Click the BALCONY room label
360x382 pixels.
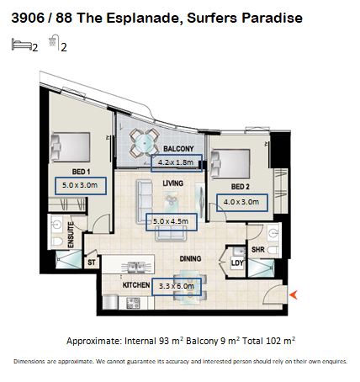178,149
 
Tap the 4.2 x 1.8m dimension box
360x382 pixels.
177,163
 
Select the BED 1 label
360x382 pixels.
81,172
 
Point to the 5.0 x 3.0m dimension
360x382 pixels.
81,186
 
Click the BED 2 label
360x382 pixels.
241,187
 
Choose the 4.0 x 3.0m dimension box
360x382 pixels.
242,203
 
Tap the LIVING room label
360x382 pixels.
173,183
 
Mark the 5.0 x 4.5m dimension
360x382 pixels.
172,222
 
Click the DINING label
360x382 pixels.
190,258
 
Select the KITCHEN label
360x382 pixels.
136,285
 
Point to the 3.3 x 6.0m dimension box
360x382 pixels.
177,286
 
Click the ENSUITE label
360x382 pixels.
71,235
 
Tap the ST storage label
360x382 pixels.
92,263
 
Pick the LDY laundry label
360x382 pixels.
237,263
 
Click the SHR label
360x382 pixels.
258,249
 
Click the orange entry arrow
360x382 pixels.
294,294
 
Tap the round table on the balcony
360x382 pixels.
145,144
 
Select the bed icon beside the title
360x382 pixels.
22,45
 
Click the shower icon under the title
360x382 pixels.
54,42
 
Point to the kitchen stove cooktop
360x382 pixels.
133,303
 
